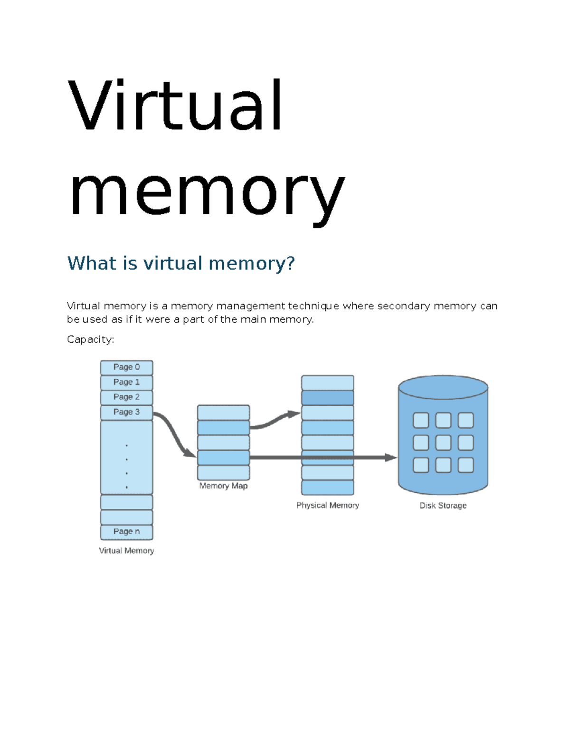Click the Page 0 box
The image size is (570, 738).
tap(126, 367)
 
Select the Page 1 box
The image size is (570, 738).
tap(126, 382)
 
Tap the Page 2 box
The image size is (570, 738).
tap(126, 397)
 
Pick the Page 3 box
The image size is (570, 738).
tap(126, 412)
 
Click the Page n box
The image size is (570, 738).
tap(126, 532)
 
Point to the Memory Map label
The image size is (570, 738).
tap(223, 486)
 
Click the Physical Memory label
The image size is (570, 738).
tap(327, 505)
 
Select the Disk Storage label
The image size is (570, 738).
tap(443, 506)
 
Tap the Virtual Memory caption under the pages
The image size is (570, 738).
tap(126, 551)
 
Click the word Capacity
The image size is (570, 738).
tap(90, 339)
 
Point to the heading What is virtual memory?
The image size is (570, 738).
tap(181, 263)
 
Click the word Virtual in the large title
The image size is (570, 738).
tap(175, 105)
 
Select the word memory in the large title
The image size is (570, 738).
tap(207, 194)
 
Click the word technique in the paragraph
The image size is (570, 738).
tap(313, 306)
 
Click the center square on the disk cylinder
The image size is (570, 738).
tap(443, 442)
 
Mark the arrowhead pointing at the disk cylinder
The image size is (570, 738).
tap(390, 458)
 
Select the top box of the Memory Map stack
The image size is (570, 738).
tap(223, 412)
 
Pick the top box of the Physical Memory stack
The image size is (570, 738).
tap(327, 383)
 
